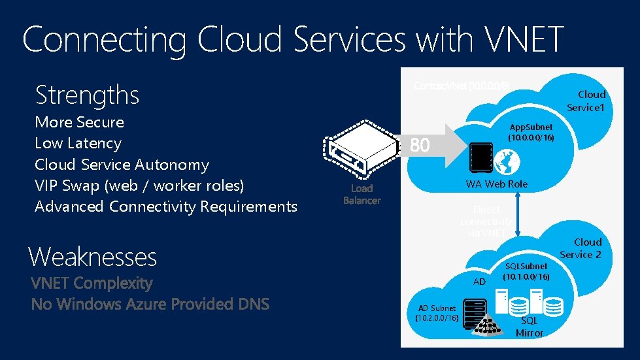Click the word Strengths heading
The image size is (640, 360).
87,95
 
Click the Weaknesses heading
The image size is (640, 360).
92,257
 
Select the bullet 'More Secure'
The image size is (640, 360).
79,122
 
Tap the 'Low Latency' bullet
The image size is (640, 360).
78,143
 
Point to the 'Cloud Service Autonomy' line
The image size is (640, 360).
122,165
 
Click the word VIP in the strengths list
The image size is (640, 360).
48,186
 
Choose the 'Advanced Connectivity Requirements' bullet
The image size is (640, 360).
165,206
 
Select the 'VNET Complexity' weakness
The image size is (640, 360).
92,284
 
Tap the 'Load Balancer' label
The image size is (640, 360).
362,194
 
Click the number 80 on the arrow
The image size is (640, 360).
420,146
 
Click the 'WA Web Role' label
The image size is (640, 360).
496,184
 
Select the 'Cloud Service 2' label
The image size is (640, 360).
581,248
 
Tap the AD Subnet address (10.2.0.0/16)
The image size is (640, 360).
437,318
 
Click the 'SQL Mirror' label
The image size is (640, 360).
530,327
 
